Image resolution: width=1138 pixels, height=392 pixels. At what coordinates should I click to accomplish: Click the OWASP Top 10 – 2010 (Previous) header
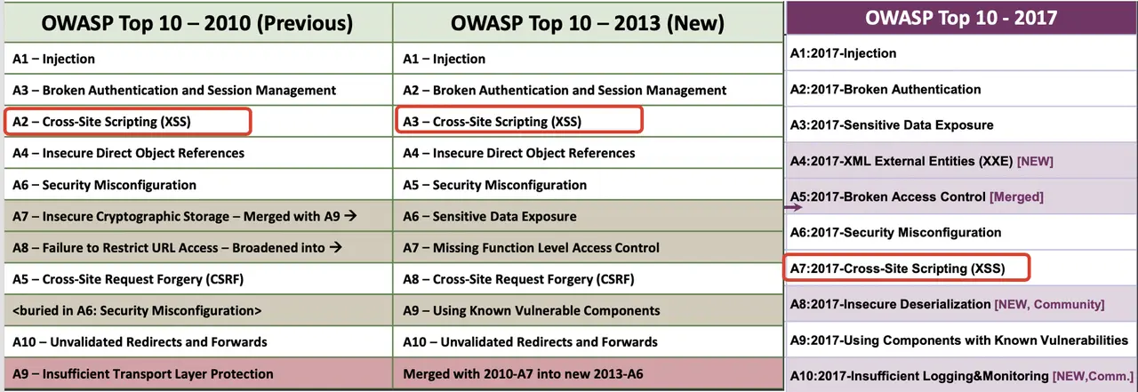(197, 23)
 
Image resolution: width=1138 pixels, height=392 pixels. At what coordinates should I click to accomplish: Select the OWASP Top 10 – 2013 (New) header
(588, 23)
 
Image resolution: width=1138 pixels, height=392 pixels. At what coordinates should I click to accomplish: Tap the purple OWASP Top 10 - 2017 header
(961, 19)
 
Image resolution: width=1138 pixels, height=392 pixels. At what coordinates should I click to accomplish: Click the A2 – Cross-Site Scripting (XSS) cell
(101, 122)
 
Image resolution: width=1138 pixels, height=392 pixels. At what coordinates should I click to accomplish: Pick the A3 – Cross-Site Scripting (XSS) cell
(492, 122)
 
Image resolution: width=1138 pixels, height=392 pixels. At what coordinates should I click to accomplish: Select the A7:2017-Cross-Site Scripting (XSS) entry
(897, 268)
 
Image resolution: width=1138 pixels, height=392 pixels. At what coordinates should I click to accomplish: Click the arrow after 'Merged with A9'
(350, 216)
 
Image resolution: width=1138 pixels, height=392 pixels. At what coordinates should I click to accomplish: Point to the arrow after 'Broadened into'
(335, 247)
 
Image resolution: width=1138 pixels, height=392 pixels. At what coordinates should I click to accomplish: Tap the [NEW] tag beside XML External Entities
(1035, 162)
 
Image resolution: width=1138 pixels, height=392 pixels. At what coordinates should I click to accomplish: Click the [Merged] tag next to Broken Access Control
(1016, 197)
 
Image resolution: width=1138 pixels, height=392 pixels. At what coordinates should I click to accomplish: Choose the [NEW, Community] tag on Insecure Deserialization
(1050, 305)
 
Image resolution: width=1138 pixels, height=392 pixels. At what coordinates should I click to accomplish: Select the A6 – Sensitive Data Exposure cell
(490, 216)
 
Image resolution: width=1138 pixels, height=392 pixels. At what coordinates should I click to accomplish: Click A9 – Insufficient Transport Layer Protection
(143, 374)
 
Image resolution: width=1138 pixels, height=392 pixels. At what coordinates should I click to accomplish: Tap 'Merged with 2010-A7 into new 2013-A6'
(524, 374)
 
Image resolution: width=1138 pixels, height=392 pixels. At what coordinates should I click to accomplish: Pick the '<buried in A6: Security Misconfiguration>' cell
(137, 311)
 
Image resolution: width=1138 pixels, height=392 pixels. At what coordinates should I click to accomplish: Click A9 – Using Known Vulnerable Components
(532, 311)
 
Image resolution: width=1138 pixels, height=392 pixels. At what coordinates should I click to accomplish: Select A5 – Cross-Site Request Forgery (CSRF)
(128, 279)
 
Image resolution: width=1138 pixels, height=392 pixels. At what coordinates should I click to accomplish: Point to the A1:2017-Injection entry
(843, 53)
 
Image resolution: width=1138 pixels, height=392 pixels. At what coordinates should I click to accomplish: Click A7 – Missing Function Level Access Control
(531, 248)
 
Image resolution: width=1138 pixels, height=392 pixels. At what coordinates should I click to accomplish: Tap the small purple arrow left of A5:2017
(793, 207)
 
